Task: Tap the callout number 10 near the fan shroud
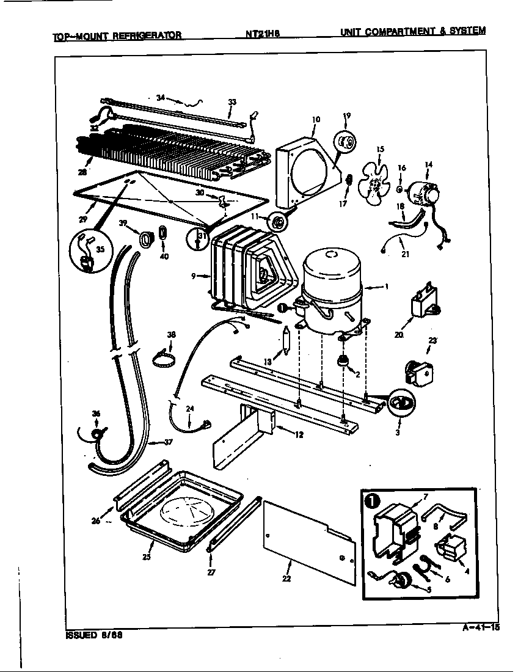click(316, 120)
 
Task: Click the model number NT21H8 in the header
click(259, 35)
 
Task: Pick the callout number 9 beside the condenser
click(193, 276)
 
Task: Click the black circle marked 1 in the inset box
click(371, 501)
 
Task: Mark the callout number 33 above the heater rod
click(232, 102)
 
